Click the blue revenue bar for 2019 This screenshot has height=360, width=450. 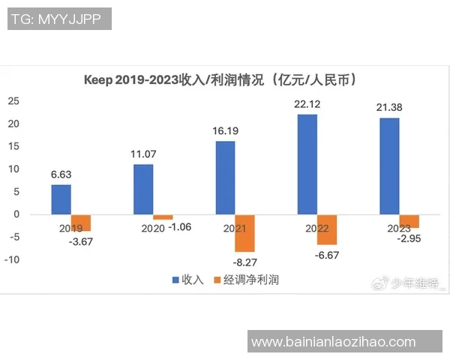tap(61, 199)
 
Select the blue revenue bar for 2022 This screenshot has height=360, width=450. tap(307, 164)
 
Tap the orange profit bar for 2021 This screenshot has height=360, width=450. tap(244, 233)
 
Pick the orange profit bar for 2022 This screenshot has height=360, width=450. tap(327, 229)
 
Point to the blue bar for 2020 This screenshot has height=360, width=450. tap(143, 189)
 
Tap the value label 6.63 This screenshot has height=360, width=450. tap(62, 175)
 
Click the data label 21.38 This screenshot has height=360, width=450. tap(391, 108)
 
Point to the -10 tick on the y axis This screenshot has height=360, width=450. tap(12, 260)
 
